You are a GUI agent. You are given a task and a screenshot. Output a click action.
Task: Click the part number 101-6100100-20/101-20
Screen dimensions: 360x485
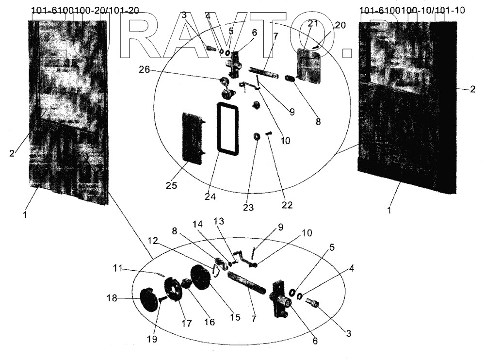(84, 11)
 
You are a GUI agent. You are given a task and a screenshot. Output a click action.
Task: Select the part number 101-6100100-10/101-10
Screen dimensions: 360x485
(413, 11)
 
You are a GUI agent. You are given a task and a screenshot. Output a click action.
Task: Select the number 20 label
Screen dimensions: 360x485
(340, 26)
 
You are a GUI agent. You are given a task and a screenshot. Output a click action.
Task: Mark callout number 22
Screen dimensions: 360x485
(287, 205)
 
